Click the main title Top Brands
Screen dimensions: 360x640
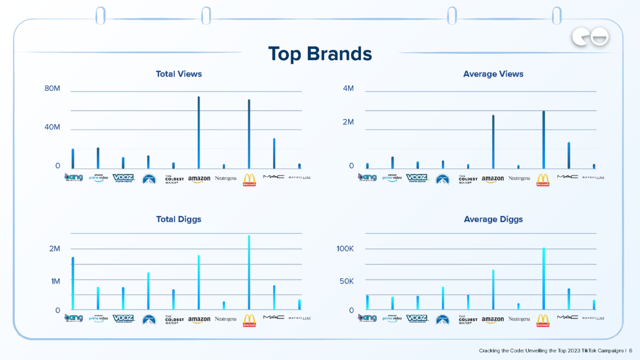pyautogui.click(x=320, y=53)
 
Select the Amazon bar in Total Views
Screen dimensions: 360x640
pyautogui.click(x=199, y=133)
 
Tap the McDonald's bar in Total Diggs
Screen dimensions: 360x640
pyautogui.click(x=249, y=272)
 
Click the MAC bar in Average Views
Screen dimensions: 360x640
pyautogui.click(x=569, y=155)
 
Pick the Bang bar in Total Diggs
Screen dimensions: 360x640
pyautogui.click(x=73, y=283)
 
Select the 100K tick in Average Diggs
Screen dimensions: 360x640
pyautogui.click(x=343, y=249)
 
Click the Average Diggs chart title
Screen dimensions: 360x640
pyautogui.click(x=493, y=219)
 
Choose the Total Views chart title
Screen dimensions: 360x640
pyautogui.click(x=179, y=74)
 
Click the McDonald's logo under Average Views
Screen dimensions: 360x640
pyautogui.click(x=542, y=180)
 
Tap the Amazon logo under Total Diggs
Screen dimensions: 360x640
pyautogui.click(x=199, y=320)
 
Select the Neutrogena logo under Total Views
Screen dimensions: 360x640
pyautogui.click(x=226, y=178)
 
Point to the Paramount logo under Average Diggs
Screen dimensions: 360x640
pyautogui.click(x=442, y=319)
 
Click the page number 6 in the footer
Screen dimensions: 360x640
pyautogui.click(x=630, y=350)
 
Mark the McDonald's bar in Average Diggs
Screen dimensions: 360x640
pyautogui.click(x=543, y=278)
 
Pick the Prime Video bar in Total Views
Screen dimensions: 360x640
pyautogui.click(x=98, y=158)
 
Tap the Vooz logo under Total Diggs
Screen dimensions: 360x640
pyautogui.click(x=123, y=318)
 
